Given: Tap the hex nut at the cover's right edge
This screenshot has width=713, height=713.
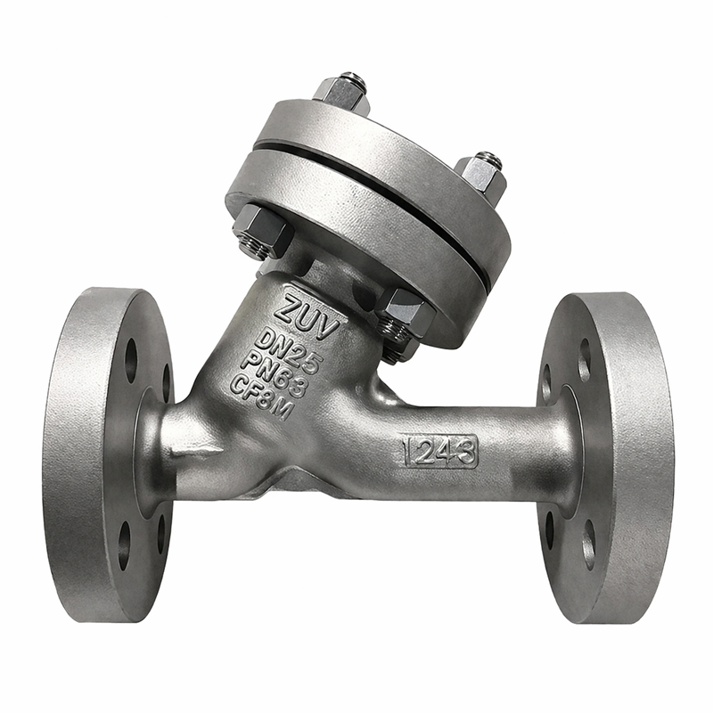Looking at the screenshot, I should pos(482,174).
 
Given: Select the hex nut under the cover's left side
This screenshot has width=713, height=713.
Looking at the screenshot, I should pos(262,234).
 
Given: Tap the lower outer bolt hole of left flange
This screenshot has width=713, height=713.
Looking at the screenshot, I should pos(125,544).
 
